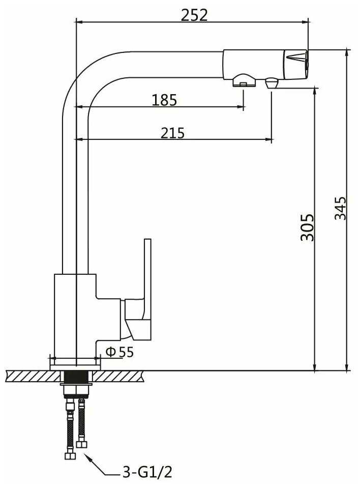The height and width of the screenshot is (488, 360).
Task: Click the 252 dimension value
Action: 194,15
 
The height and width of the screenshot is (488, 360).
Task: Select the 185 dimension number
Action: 164,100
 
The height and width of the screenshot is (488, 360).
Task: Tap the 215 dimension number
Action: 172,133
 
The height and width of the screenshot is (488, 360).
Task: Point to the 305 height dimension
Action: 307,227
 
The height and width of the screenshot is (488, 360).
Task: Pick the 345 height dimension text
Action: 340,208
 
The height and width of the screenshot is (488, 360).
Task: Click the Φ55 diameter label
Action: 119,352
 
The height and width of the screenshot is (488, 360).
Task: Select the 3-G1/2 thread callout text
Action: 147,472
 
